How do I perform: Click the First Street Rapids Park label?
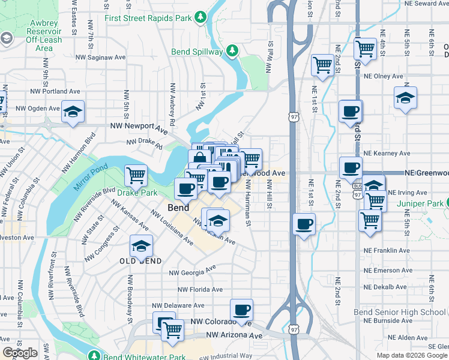(148, 18)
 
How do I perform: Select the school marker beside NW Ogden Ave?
(73, 112)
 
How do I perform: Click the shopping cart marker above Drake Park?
(136, 175)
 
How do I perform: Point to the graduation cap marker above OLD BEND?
(141, 246)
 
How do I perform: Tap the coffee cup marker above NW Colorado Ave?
(241, 310)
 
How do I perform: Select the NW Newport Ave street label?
(139, 128)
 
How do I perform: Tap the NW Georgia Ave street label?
(191, 271)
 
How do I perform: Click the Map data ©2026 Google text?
(411, 355)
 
